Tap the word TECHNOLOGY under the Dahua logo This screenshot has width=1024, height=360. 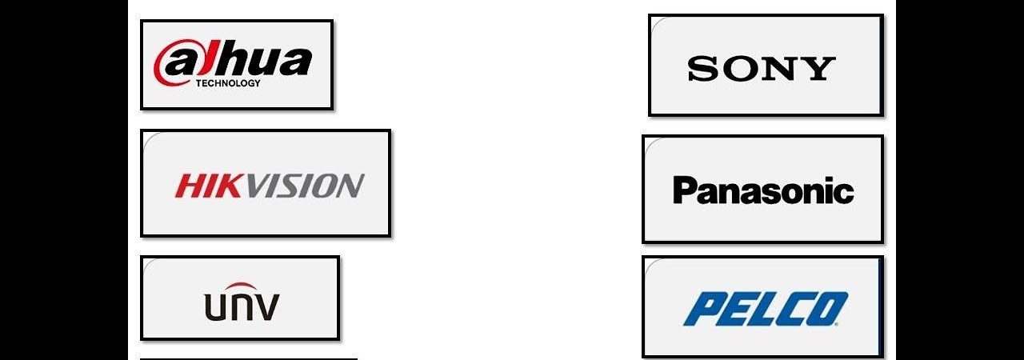(x=228, y=83)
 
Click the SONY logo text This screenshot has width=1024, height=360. (x=761, y=69)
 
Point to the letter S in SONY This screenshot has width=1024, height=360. (x=702, y=69)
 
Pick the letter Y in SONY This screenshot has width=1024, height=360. (x=821, y=69)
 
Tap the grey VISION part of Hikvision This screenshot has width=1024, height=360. (x=303, y=186)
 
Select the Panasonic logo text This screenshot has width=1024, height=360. (x=763, y=190)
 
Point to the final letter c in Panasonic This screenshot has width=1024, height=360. (x=843, y=193)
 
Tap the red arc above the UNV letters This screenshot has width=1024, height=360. (x=241, y=287)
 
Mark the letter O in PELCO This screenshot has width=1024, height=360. (x=830, y=310)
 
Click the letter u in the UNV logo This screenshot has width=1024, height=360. (x=215, y=307)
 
